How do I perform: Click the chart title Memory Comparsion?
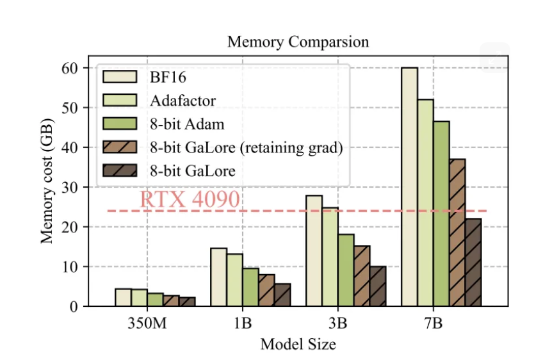[298, 42]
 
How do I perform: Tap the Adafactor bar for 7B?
[426, 202]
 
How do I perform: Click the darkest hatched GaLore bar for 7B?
[474, 263]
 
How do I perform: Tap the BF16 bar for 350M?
[123, 297]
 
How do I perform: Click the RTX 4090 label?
[190, 199]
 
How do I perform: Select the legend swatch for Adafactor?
[120, 99]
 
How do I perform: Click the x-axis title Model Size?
[298, 344]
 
